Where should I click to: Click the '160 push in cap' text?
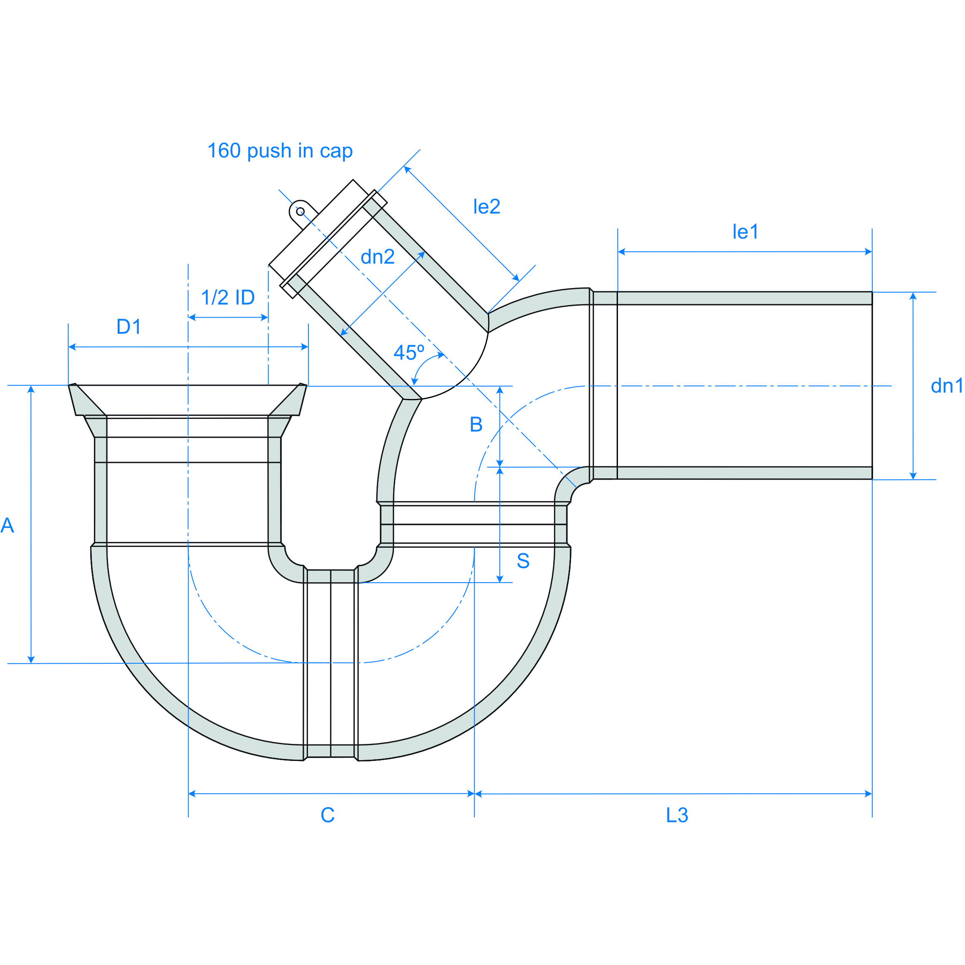(x=280, y=151)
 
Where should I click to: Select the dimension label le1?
(x=745, y=232)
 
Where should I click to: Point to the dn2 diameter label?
(x=378, y=257)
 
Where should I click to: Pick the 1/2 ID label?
(x=228, y=298)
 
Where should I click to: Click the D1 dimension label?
(x=129, y=327)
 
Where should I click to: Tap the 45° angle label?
(x=409, y=353)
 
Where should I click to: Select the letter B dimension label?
(x=476, y=425)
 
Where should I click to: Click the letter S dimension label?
(x=523, y=561)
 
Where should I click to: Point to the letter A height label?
(x=7, y=525)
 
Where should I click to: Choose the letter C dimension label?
(x=327, y=815)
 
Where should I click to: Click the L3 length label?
(x=677, y=815)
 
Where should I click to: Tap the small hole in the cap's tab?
(x=300, y=211)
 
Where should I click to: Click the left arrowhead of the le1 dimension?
(x=622, y=252)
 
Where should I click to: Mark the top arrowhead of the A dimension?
(x=31, y=389)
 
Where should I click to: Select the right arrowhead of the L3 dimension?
(x=868, y=794)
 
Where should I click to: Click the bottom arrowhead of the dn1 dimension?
(x=913, y=476)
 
